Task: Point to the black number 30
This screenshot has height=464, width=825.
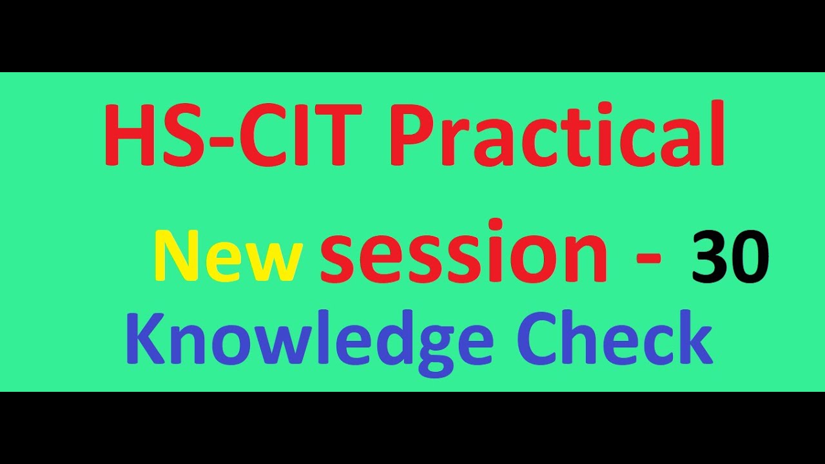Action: click(x=730, y=258)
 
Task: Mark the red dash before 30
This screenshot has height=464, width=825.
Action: click(x=648, y=259)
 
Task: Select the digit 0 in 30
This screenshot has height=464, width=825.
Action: click(x=751, y=258)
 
